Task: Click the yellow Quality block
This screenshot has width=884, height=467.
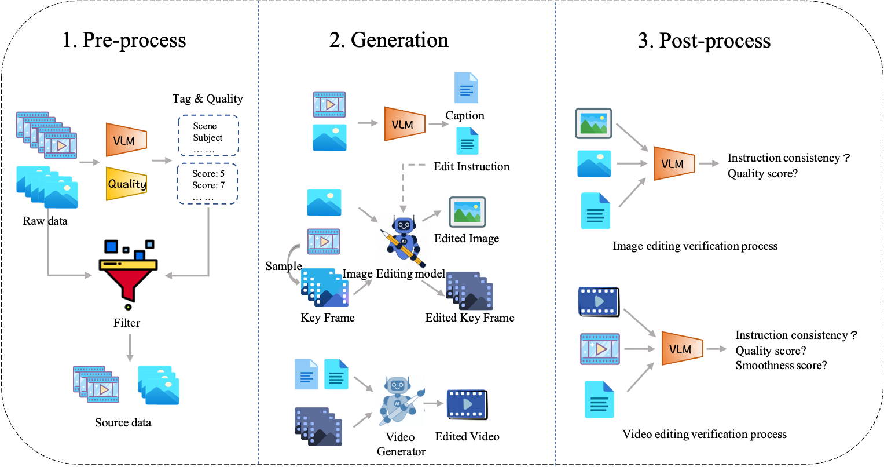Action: [126, 184]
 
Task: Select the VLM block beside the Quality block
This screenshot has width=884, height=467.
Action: [126, 140]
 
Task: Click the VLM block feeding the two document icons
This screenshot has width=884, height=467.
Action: [405, 123]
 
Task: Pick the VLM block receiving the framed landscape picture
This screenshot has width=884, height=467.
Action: [674, 163]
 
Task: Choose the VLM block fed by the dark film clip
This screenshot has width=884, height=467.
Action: [682, 348]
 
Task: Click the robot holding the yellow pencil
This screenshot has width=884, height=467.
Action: [403, 241]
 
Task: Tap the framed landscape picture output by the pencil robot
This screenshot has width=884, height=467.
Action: [467, 212]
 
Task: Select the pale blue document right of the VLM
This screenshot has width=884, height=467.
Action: [466, 87]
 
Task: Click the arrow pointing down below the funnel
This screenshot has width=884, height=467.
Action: [130, 348]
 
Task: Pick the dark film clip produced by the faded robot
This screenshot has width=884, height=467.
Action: [465, 404]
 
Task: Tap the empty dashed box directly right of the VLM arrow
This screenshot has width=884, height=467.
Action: [208, 135]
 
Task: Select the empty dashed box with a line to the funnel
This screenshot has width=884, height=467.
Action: [207, 183]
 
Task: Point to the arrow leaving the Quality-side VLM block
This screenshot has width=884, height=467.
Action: [162, 160]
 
